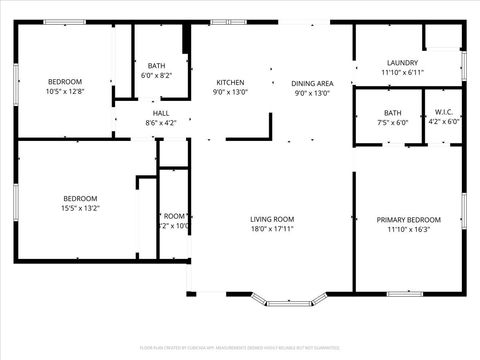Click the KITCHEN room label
point(231,82)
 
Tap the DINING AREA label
point(312,83)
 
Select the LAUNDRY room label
point(402,62)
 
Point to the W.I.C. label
point(443,111)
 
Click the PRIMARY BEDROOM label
point(408,219)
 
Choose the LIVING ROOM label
point(271,219)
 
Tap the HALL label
point(160,113)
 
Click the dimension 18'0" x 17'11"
point(271,229)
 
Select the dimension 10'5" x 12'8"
point(65,92)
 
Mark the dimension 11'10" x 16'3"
point(408,229)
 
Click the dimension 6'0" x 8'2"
point(156,75)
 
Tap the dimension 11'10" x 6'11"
point(402,72)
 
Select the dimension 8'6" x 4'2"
point(160,123)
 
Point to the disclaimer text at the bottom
point(240,347)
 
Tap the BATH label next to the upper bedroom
point(156,65)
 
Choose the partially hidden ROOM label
point(175,216)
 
